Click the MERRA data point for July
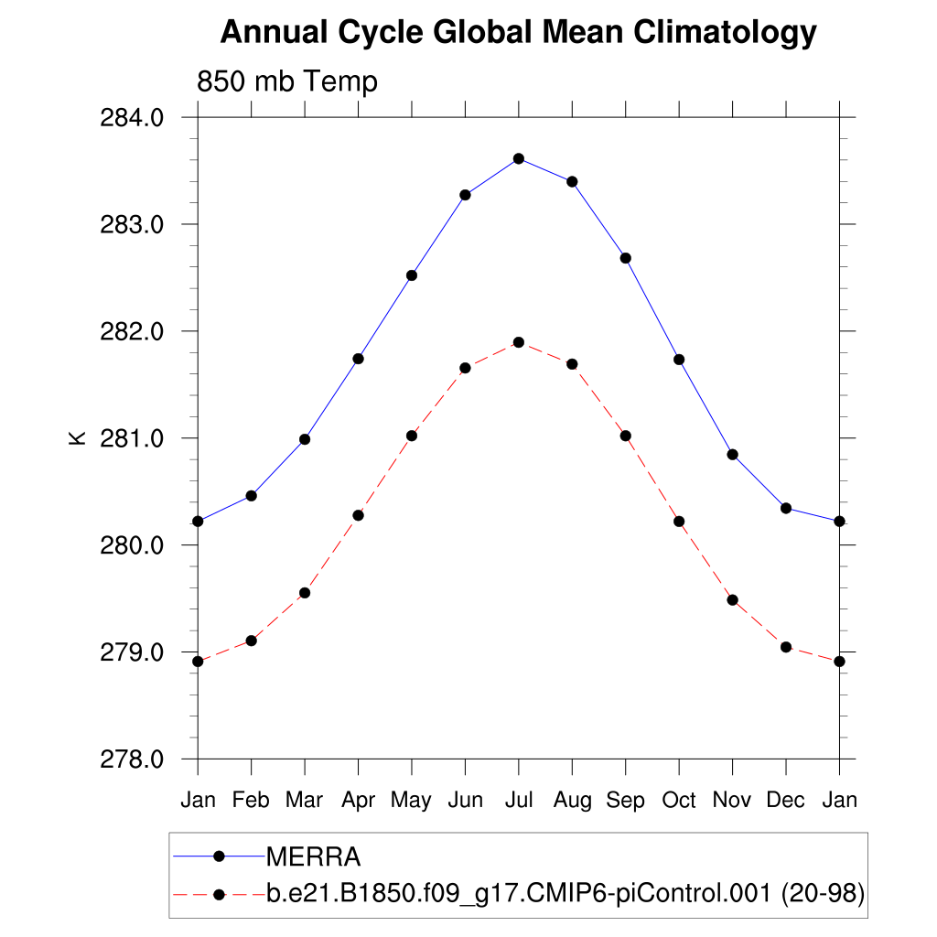pyautogui.click(x=519, y=158)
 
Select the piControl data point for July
pyautogui.click(x=519, y=342)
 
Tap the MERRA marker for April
pyautogui.click(x=359, y=359)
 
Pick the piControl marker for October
pyautogui.click(x=679, y=522)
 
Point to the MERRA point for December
pyautogui.click(x=786, y=508)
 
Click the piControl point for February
pyautogui.click(x=252, y=641)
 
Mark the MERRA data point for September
pyautogui.click(x=626, y=258)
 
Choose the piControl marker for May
pyautogui.click(x=412, y=436)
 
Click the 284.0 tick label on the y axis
pyautogui.click(x=136, y=118)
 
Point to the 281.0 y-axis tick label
pyautogui.click(x=136, y=438)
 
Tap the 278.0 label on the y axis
pyautogui.click(x=136, y=759)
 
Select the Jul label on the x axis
pyautogui.click(x=519, y=801)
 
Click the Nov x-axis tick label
pyautogui.click(x=732, y=801)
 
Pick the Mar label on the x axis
pyautogui.click(x=305, y=801)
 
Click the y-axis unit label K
pyautogui.click(x=78, y=438)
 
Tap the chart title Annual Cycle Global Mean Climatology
pyautogui.click(x=518, y=33)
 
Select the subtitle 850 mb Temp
pyautogui.click(x=287, y=82)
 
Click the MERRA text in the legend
pyautogui.click(x=314, y=857)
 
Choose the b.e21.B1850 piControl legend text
pyautogui.click(x=565, y=894)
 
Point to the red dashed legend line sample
pyautogui.click(x=219, y=894)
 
